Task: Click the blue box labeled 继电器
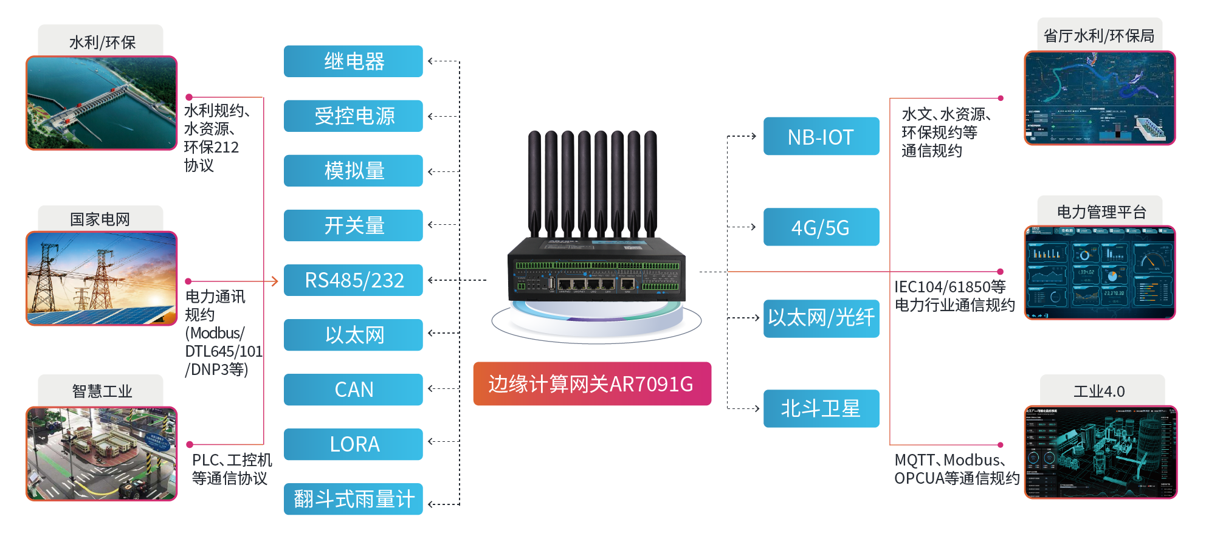[353, 61]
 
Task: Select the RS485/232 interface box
[353, 280]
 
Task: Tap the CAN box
[353, 390]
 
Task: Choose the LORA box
[353, 444]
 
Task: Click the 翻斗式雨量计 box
[353, 499]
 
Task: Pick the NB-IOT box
[821, 137]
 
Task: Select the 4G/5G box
[821, 227]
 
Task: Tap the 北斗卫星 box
[821, 408]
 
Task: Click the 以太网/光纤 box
[821, 318]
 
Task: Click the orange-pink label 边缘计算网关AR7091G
[591, 383]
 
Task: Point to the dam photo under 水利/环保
[102, 103]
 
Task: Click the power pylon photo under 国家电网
[102, 278]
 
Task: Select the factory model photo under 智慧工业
[102, 453]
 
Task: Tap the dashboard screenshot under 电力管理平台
[1100, 273]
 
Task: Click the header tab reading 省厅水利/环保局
[1099, 36]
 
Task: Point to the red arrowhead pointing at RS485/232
[274, 281]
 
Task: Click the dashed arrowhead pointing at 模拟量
[430, 172]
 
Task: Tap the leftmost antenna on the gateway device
[534, 182]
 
